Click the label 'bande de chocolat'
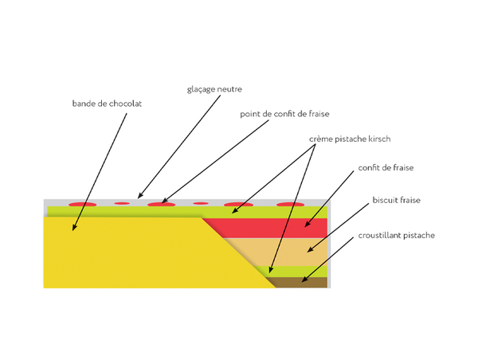(106, 104)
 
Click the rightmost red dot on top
(290, 205)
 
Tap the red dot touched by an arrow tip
(162, 205)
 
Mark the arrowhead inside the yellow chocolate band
(74, 229)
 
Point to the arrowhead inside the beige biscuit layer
(308, 252)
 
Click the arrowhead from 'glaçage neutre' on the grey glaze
(139, 196)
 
